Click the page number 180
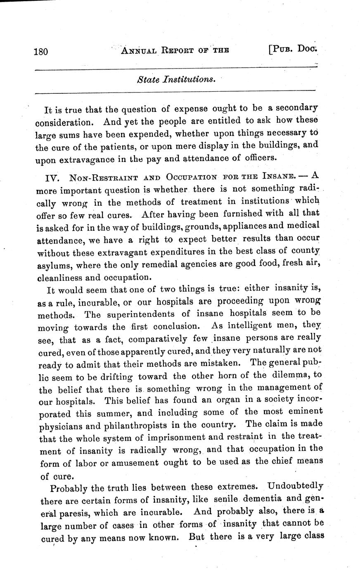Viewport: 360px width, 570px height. (x=41, y=52)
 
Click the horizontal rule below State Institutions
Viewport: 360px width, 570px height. (x=175, y=90)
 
